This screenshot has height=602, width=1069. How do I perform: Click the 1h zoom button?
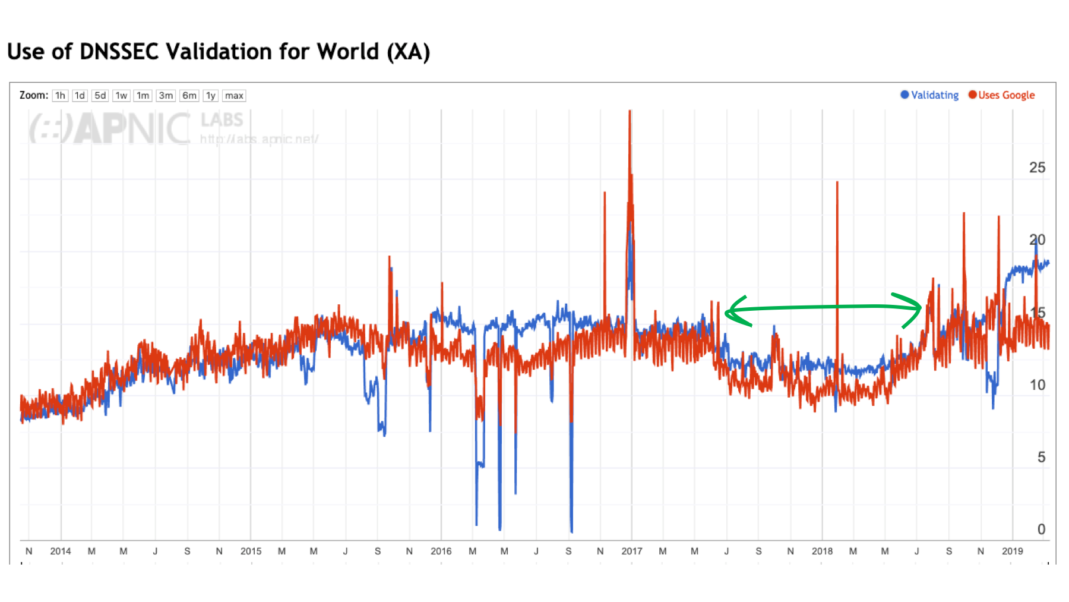[60, 96]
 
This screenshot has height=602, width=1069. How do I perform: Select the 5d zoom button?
[100, 96]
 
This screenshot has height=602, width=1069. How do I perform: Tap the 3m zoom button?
[166, 96]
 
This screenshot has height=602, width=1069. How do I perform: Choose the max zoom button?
[234, 96]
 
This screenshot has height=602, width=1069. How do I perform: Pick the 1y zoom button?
[211, 96]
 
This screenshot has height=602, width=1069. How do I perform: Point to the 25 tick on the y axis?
[1037, 168]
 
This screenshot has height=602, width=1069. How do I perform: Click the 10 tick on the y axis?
[1037, 385]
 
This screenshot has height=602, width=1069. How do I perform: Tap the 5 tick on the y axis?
[1041, 457]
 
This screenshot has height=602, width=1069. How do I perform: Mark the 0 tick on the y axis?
[1041, 529]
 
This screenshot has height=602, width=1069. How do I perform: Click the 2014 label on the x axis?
[61, 551]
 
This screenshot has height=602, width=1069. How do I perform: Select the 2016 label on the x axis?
[441, 551]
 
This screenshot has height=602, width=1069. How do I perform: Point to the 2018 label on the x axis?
[822, 551]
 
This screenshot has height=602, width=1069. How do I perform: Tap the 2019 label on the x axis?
[1012, 551]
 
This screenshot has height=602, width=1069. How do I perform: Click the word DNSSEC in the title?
[119, 52]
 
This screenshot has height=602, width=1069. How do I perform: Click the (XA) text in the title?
[408, 52]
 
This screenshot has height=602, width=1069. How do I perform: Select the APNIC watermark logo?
[110, 128]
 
